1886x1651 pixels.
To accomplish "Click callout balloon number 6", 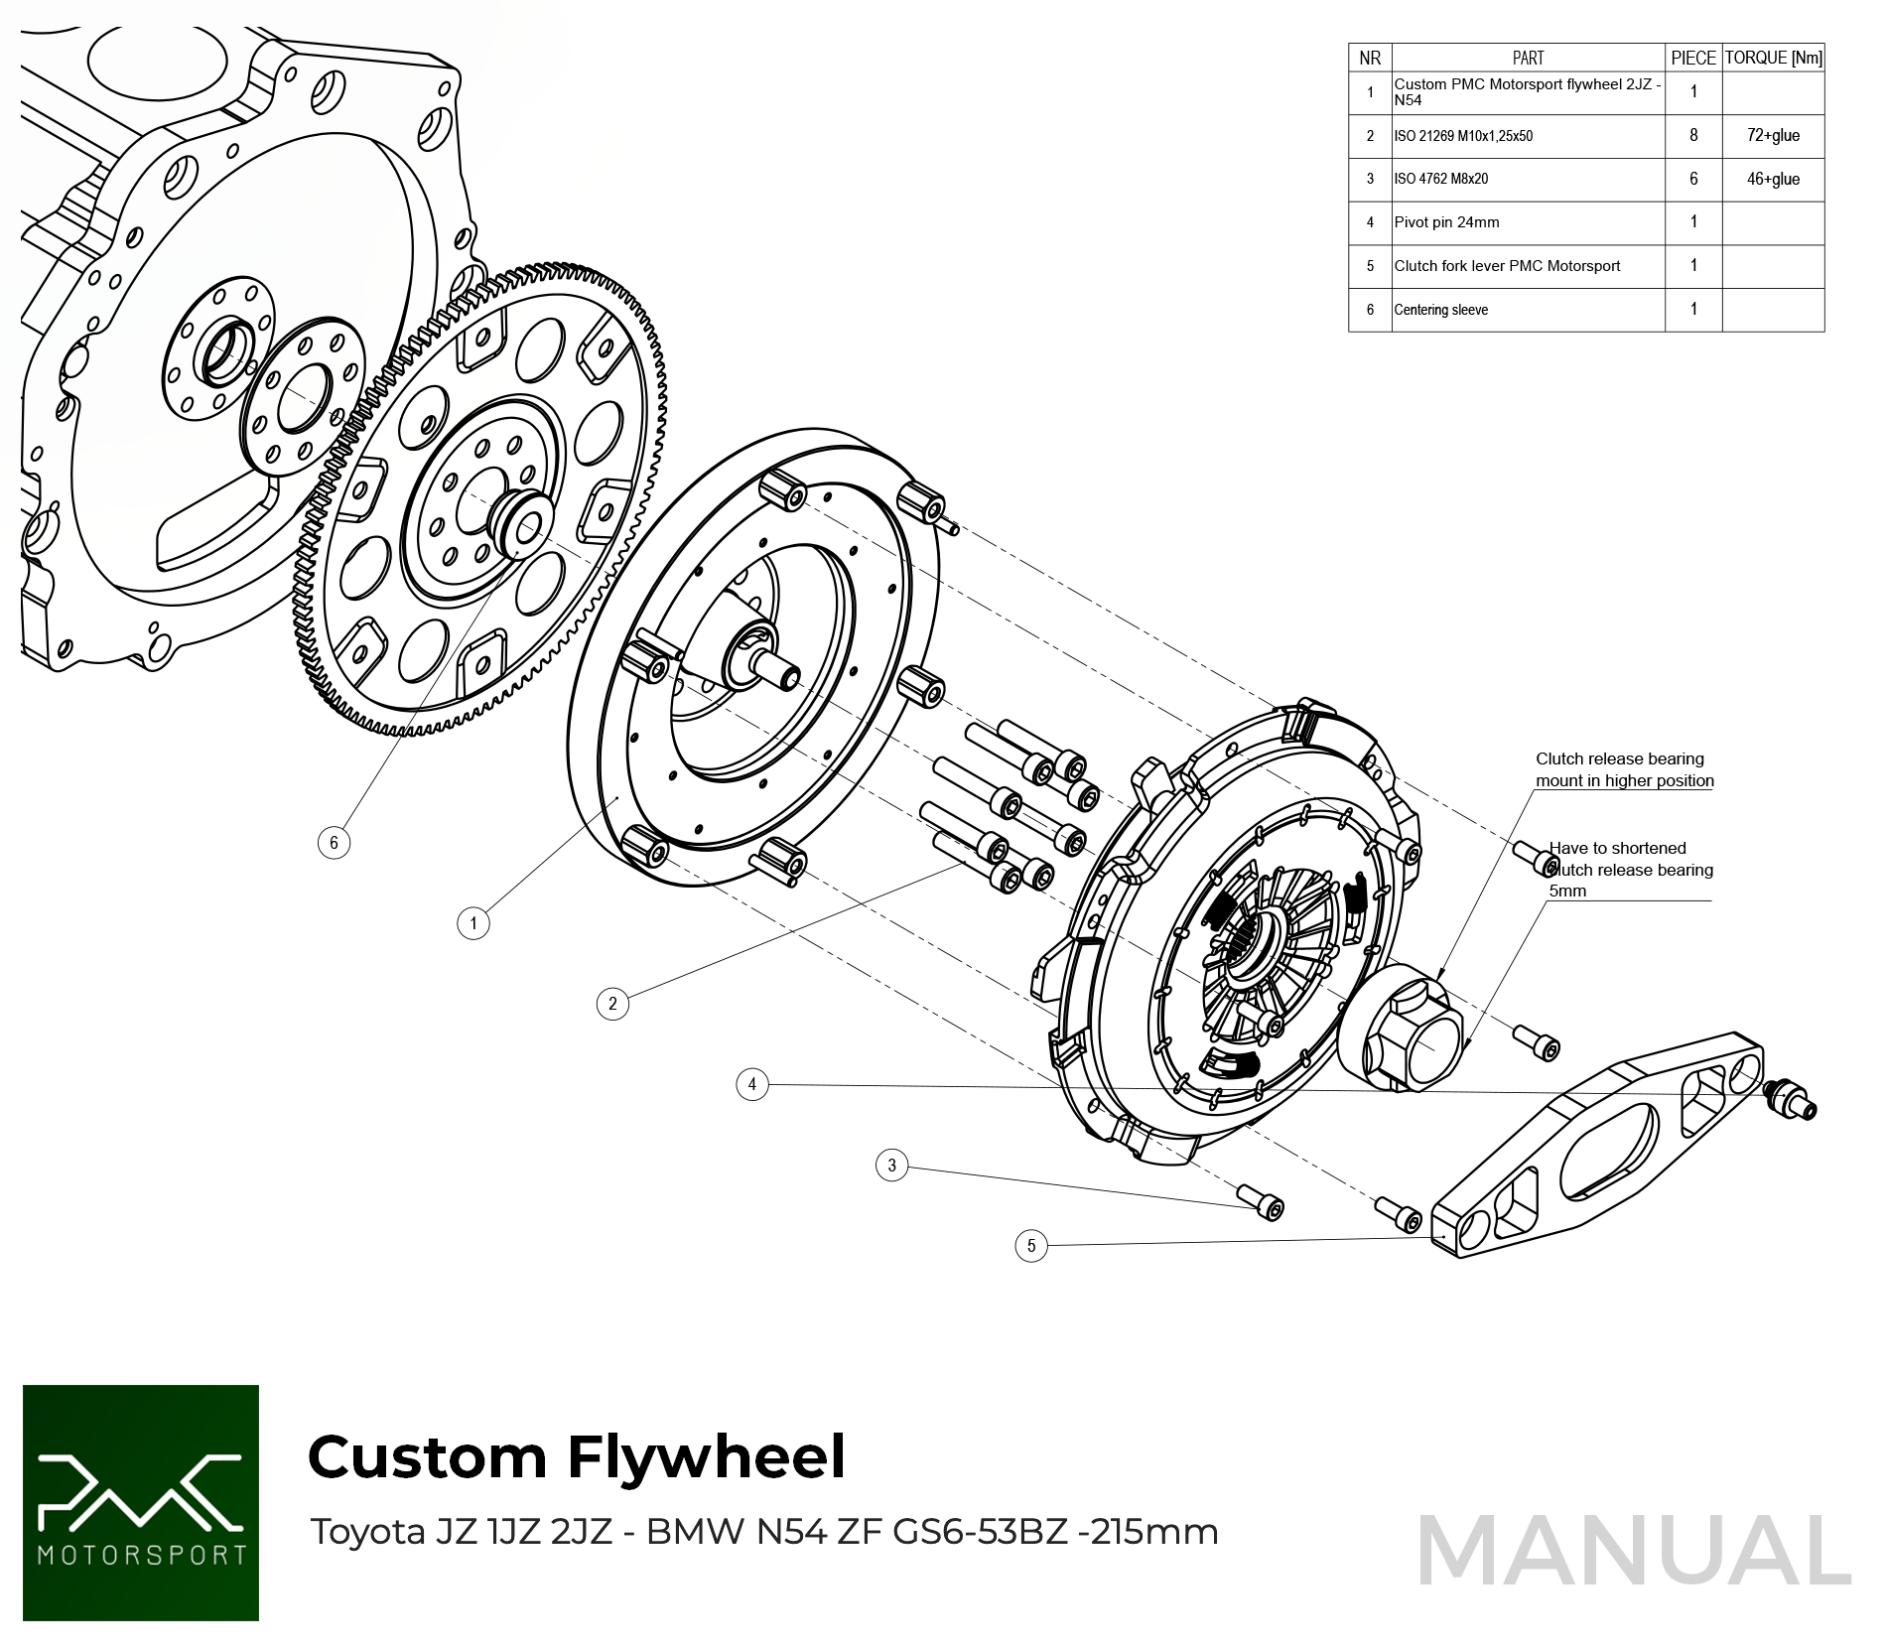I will (334, 843).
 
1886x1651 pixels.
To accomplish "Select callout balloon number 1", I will (473, 923).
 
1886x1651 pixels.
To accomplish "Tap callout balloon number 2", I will (612, 1004).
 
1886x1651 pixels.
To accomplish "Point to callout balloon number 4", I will (752, 1084).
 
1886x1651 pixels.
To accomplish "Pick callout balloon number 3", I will (892, 1166).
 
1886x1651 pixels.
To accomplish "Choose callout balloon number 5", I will (1031, 1245).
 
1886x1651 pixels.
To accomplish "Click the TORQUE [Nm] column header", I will (1773, 58).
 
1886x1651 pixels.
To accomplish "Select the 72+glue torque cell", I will (1773, 135).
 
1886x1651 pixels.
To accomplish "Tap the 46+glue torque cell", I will (1773, 179).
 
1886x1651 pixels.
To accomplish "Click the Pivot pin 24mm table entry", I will (1446, 222).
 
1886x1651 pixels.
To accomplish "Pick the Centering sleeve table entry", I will (1440, 310).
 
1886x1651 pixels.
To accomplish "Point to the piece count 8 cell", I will (1693, 135).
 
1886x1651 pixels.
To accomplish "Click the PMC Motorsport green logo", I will (141, 1503).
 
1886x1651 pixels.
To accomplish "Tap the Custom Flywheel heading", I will (577, 1457).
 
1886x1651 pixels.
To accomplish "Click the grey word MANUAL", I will (1634, 1551).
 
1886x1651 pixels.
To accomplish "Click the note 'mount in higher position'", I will (1624, 780).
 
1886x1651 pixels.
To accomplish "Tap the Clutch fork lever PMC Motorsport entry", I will (1507, 266).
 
